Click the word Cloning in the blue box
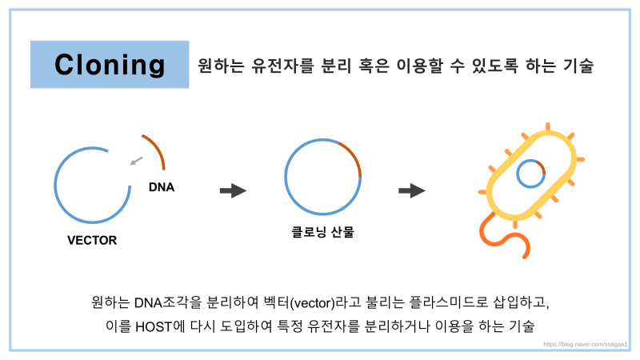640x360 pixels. pos(110,66)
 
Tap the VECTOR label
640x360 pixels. pos(92,241)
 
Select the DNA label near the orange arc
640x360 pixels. pos(162,187)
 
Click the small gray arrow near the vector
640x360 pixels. pos(136,161)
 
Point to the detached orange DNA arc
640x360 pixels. pos(158,148)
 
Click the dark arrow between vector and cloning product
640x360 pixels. pos(233,190)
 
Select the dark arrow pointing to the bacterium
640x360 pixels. pos(412,190)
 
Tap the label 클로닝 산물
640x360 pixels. pos(322,232)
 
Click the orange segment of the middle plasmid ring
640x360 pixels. pos(354,155)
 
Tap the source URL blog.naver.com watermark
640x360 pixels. pos(585,345)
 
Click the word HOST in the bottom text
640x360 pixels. pos(154,327)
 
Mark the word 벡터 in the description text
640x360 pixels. pos(276,302)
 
